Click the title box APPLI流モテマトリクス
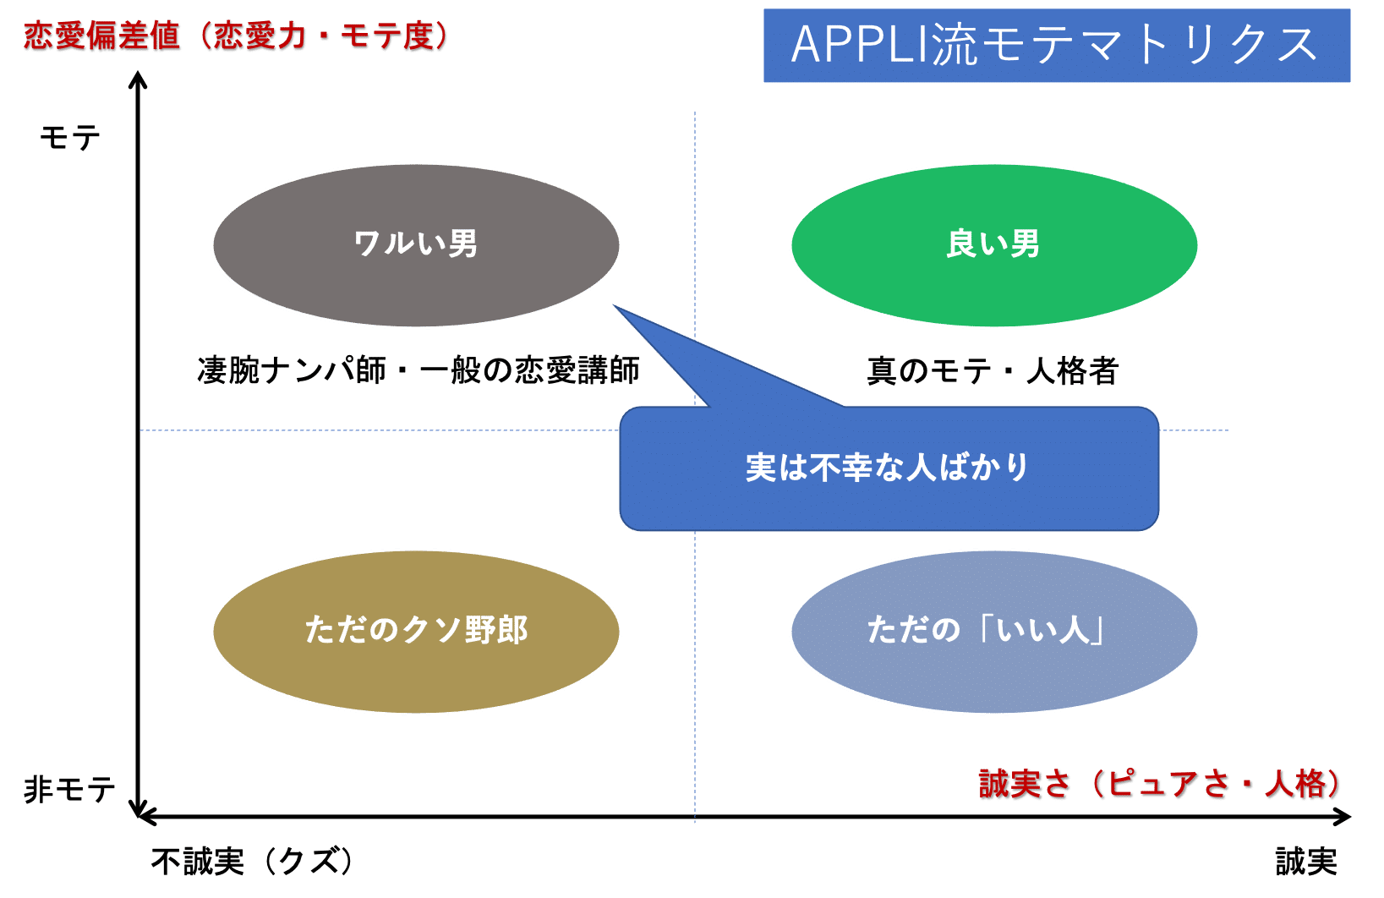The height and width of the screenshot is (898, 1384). coord(1056,46)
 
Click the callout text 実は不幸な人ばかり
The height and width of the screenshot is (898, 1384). coord(887,468)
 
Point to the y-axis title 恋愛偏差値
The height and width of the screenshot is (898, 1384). coord(102,36)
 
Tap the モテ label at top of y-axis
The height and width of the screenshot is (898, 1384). coord(70,138)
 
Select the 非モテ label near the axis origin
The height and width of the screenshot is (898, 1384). coord(69,790)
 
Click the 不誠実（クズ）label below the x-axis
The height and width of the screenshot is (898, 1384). coord(252,862)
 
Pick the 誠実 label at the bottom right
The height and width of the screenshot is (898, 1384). coord(1306,862)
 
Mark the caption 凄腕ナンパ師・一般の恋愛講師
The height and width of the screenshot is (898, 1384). coord(418,370)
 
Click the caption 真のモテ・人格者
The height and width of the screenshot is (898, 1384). coord(993,371)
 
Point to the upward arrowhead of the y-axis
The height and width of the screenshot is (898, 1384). coord(138,79)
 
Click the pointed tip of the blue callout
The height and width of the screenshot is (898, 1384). coord(616,309)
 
